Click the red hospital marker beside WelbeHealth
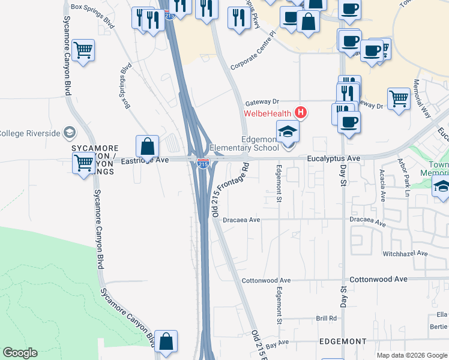click(x=301, y=113)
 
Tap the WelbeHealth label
click(x=267, y=113)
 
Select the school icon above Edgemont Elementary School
click(x=288, y=131)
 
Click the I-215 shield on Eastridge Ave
click(x=203, y=162)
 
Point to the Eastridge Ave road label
click(x=145, y=161)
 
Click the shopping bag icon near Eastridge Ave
click(x=147, y=146)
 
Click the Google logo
click(x=20, y=353)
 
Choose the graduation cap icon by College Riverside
click(x=69, y=132)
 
